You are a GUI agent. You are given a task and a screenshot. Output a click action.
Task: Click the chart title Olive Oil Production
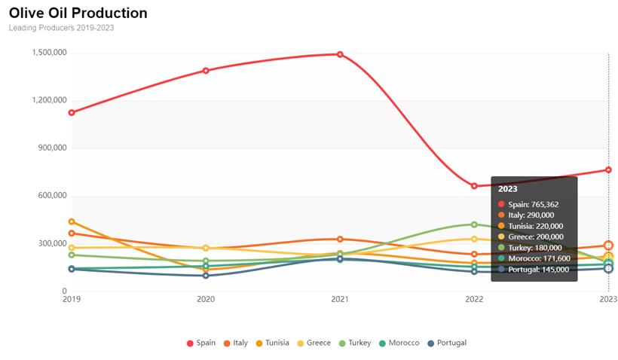(x=78, y=14)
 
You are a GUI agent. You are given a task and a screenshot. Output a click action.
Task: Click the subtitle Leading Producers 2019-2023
(x=61, y=28)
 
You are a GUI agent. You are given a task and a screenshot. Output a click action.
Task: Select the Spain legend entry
(x=201, y=343)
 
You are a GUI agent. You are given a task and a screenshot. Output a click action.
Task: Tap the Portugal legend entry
(x=447, y=343)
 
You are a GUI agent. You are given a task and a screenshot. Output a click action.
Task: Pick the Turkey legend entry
(x=354, y=343)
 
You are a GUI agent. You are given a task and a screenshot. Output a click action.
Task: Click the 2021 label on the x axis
(x=340, y=300)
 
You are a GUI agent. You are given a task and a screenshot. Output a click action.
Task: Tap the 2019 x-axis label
(x=72, y=300)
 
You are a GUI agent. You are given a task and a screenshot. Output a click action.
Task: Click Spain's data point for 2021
(x=340, y=54)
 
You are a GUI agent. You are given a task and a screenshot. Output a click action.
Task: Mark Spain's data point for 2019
(x=72, y=113)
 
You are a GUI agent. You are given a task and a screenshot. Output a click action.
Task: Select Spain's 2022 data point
(x=474, y=186)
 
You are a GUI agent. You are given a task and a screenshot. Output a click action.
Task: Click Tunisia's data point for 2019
(x=72, y=221)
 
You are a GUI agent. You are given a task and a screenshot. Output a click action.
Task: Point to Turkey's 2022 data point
(x=474, y=224)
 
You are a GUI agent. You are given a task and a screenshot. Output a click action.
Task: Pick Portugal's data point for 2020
(x=206, y=276)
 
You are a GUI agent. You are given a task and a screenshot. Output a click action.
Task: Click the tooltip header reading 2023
(x=508, y=189)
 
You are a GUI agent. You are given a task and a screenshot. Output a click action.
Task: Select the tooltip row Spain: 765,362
(x=533, y=204)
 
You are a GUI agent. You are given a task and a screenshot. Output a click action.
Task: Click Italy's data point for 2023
(x=608, y=246)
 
